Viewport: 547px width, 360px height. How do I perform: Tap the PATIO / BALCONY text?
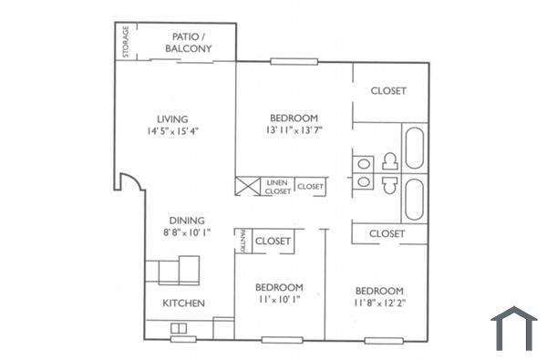(191, 43)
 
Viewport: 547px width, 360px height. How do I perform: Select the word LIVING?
(171, 118)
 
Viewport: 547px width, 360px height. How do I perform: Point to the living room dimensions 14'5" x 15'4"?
(171, 130)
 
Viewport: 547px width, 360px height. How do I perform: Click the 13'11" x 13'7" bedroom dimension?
(294, 130)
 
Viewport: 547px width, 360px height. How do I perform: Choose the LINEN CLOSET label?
(278, 187)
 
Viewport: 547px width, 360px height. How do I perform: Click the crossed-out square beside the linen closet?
(248, 186)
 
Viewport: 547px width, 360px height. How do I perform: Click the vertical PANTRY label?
(241, 241)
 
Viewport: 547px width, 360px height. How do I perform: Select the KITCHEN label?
(183, 303)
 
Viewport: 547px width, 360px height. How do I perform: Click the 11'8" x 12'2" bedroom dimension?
(379, 297)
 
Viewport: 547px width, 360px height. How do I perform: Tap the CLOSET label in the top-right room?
(387, 90)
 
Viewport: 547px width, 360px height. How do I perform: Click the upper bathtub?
(415, 149)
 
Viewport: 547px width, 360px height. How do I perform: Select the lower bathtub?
(415, 200)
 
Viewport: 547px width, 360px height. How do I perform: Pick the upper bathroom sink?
(365, 164)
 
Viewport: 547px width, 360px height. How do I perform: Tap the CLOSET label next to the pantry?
(273, 242)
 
